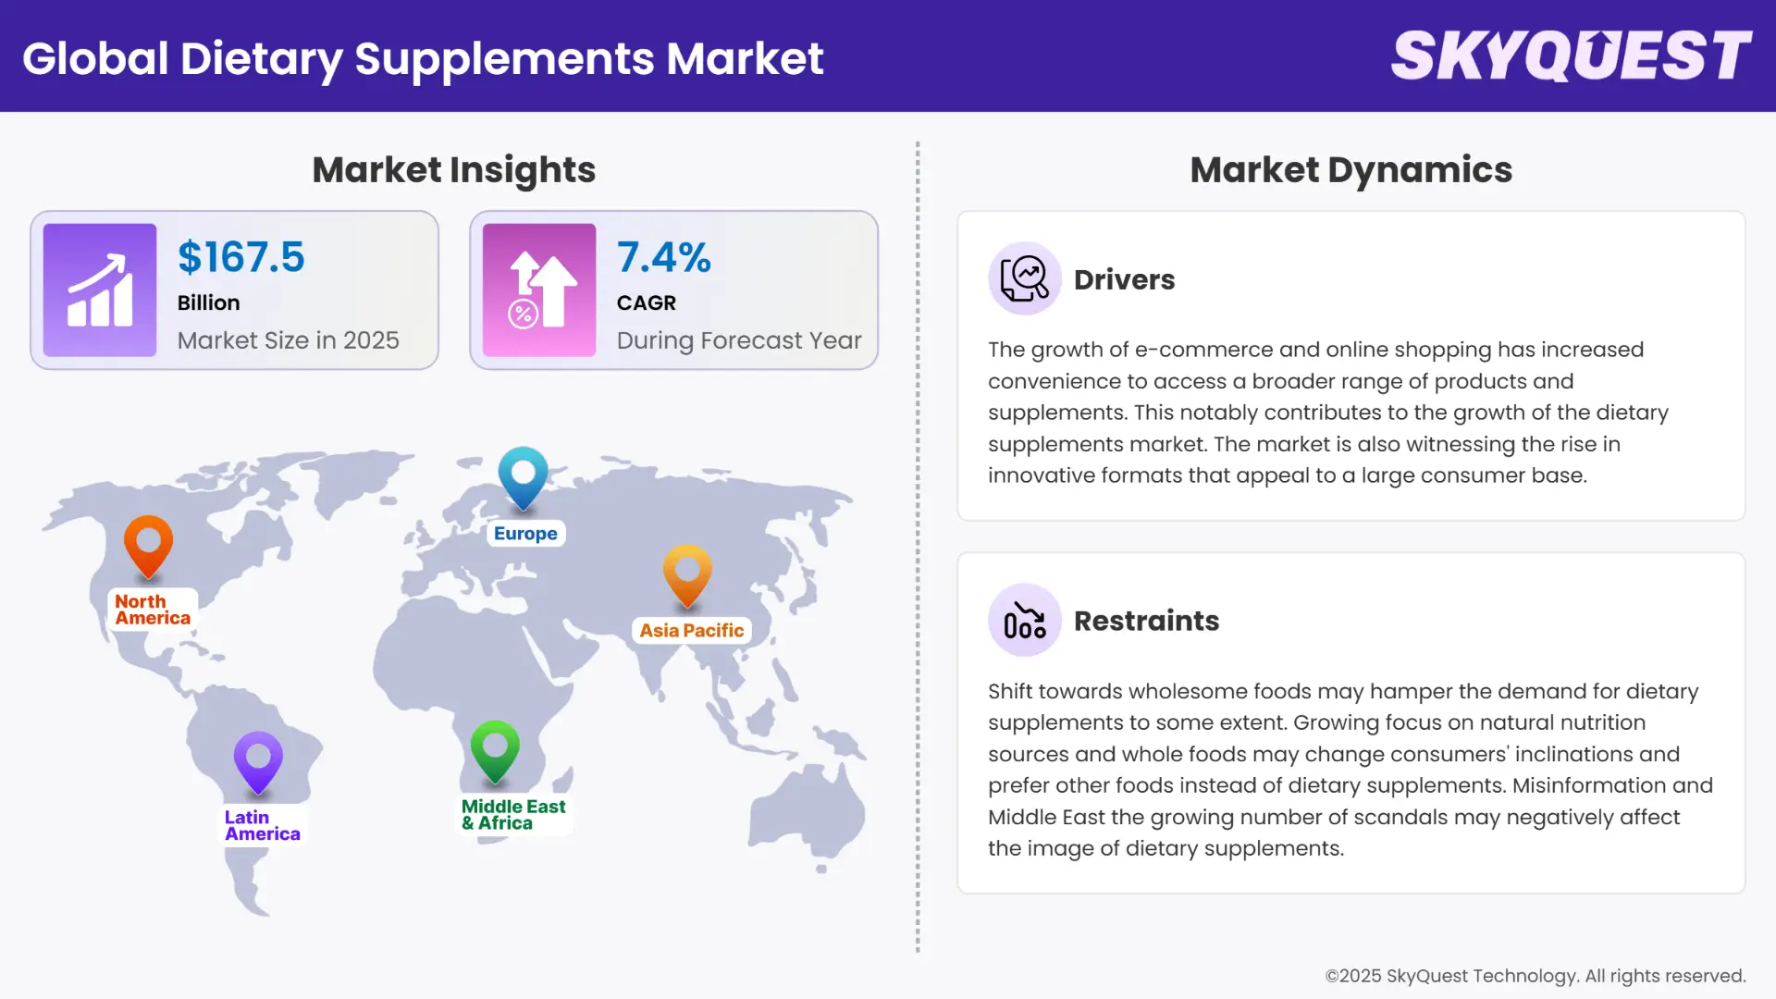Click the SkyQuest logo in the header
coord(1571,55)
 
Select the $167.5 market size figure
coord(240,257)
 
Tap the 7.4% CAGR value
coord(663,257)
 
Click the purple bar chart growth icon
coord(100,290)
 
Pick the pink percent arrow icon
coord(539,290)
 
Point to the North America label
coord(153,610)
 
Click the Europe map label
coord(525,534)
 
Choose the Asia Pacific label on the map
coord(691,631)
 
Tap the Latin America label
coord(262,825)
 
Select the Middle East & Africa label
coord(513,815)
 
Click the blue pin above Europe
coord(523,476)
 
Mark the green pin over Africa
coord(495,750)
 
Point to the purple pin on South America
coord(258,761)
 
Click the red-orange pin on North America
coord(148,544)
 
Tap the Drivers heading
coord(1124,279)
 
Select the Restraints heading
coord(1146,621)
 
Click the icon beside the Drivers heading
coord(1024,278)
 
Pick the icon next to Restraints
coord(1024,620)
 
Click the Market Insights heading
coord(453,170)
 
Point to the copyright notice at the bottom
coord(1535,976)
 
